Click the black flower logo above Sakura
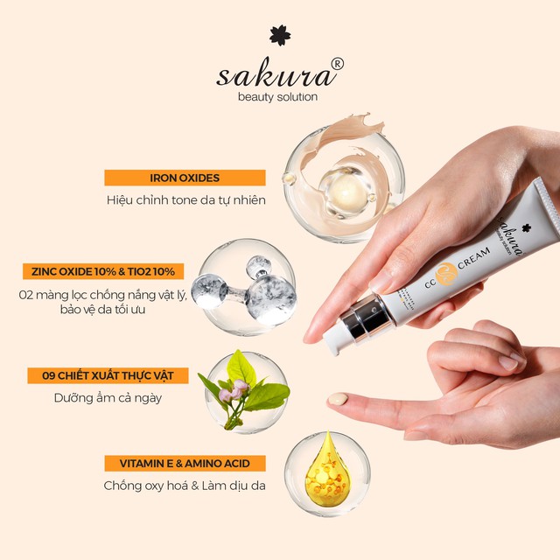coord(280,35)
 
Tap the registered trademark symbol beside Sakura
coord(337,64)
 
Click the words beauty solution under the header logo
coord(277,96)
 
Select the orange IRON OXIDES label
coord(185,178)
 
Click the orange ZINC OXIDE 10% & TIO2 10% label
coord(105,271)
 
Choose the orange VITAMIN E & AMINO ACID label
coord(185,464)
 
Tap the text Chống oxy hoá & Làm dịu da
coord(185,486)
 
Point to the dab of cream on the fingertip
coord(338,399)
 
